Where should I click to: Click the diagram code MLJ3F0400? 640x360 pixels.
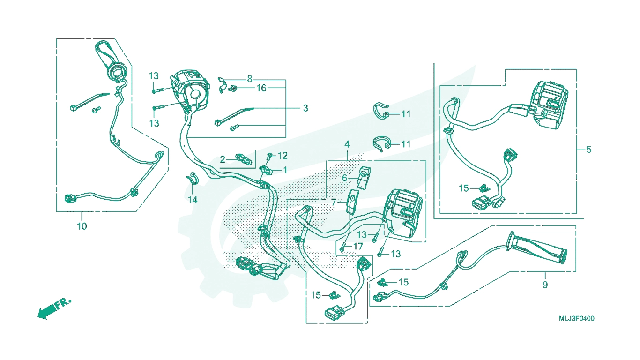tap(577, 319)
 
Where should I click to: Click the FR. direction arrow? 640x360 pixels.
tap(54, 308)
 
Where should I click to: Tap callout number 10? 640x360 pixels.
tap(82, 226)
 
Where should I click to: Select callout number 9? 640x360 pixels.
tap(545, 285)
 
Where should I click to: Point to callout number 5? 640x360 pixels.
tap(589, 149)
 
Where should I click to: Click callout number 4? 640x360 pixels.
tap(347, 144)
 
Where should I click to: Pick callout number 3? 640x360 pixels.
tap(305, 108)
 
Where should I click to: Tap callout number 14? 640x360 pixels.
tap(193, 200)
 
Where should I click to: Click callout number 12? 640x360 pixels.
tap(283, 156)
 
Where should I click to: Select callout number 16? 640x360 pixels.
tap(261, 88)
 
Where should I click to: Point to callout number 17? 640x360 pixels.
tap(358, 246)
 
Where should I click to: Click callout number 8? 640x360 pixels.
tap(250, 79)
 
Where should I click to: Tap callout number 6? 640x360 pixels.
tap(344, 178)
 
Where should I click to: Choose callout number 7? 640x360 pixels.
tap(334, 202)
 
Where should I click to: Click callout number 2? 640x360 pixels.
tap(223, 159)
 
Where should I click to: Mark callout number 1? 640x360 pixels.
tap(285, 170)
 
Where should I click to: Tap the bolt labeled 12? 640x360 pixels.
tap(269, 156)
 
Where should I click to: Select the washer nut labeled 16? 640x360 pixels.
tap(233, 89)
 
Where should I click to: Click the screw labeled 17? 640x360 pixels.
tap(342, 247)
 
